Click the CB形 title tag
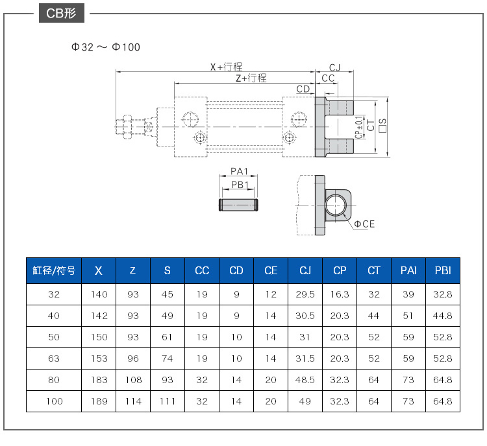pos(62,13)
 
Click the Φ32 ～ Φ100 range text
pos(106,47)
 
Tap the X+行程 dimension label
pos(226,67)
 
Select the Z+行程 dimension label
pos(251,78)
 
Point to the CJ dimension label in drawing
pos(334,67)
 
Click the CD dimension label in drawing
pos(303,89)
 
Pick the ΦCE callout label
pos(364,224)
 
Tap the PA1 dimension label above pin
pos(239,171)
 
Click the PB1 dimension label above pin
pos(240,185)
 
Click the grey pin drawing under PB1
pos(238,205)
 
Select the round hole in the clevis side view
pos(336,205)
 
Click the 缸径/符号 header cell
pos(54,270)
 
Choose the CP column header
pos(340,270)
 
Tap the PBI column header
pos(443,270)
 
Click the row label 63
pos(54,358)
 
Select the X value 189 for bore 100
pos(99,401)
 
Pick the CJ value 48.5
pos(305,380)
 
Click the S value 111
pos(168,401)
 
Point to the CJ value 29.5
pos(305,294)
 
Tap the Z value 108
pos(133,380)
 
